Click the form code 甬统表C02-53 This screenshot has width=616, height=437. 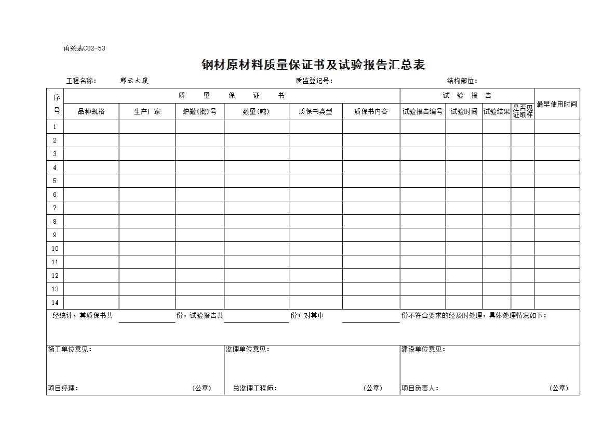tap(84, 48)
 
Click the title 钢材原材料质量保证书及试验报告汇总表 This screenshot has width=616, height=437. tap(313, 65)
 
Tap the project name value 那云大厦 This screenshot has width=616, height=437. tap(134, 81)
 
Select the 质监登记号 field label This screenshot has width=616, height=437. tap(314, 81)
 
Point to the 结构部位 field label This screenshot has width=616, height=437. tap(462, 81)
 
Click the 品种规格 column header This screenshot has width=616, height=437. tap(91, 111)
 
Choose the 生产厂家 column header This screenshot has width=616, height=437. tap(147, 111)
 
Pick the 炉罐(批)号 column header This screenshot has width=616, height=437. tap(199, 111)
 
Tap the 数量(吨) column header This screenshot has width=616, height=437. tap(256, 111)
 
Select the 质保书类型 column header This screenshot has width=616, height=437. tap(315, 111)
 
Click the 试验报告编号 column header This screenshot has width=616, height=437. tap(422, 111)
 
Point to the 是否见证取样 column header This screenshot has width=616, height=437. tap(523, 111)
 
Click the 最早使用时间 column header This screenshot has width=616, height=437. tap(557, 104)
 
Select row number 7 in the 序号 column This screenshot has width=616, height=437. tap(55, 208)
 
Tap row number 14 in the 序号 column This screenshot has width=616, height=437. tap(55, 303)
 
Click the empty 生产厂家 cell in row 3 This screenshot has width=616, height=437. tap(147, 154)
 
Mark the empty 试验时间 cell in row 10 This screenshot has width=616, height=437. tap(463, 249)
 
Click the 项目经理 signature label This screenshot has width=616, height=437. tap(63, 388)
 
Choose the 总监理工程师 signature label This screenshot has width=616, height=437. tap(255, 388)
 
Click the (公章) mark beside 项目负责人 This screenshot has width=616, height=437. tap(558, 388)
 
